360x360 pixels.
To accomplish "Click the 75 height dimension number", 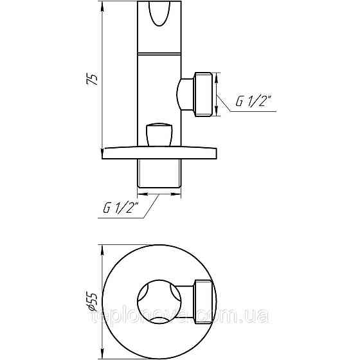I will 93,79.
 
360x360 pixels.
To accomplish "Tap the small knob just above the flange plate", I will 160,134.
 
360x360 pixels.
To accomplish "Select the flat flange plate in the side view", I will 160,152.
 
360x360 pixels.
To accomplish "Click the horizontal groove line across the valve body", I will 160,53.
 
